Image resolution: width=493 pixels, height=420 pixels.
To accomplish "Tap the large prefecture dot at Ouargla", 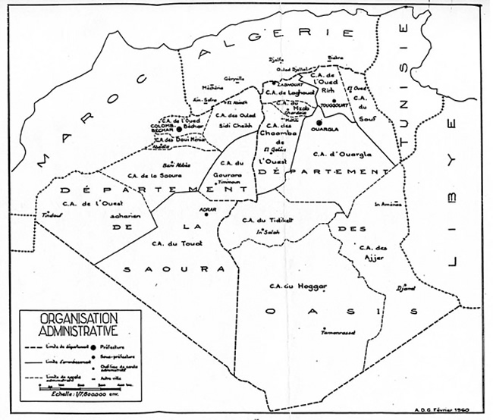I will click(319, 121).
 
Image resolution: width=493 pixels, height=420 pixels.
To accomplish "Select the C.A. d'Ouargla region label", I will click(342, 153).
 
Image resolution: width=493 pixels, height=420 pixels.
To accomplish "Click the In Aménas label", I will click(389, 203).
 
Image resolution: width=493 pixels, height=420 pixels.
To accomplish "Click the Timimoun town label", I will click(228, 183).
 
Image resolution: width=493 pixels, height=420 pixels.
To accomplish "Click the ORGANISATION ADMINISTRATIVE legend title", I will click(68, 323).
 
